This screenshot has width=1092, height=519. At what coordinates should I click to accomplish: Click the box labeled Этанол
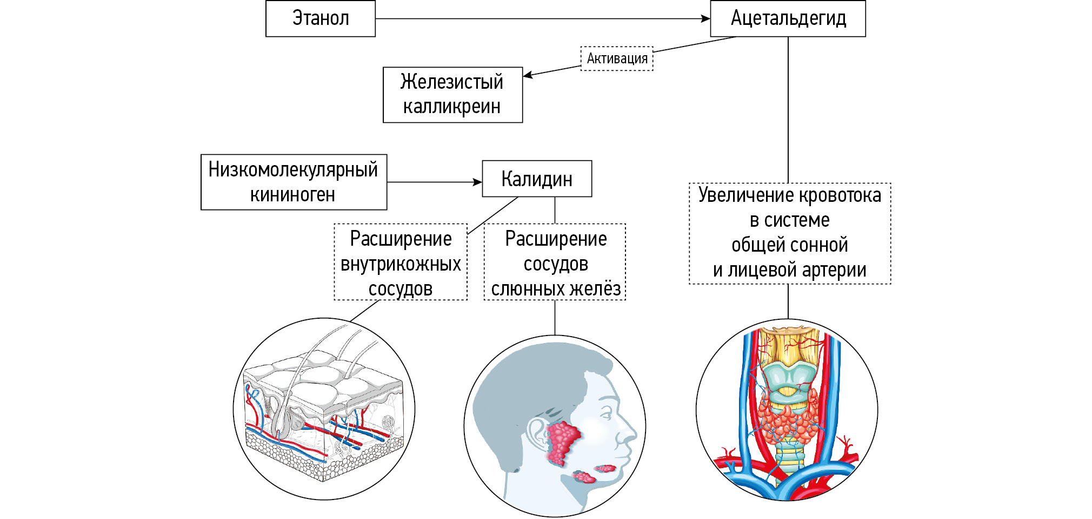[320, 18]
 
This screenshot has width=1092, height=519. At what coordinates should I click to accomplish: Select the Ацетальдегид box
[788, 18]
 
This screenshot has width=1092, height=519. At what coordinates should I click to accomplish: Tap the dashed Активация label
[617, 58]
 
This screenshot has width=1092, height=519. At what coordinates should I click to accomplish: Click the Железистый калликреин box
[452, 95]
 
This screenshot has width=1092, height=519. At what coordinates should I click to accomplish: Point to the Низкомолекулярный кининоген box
[294, 182]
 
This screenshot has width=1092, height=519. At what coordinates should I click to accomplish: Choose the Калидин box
[536, 179]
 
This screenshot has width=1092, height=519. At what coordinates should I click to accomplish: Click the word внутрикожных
[401, 264]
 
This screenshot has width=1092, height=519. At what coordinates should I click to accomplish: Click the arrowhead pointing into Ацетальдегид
[706, 19]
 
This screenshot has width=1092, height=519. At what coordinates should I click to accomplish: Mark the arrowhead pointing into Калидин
[478, 182]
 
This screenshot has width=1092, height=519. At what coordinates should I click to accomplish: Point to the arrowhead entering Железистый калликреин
[528, 75]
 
